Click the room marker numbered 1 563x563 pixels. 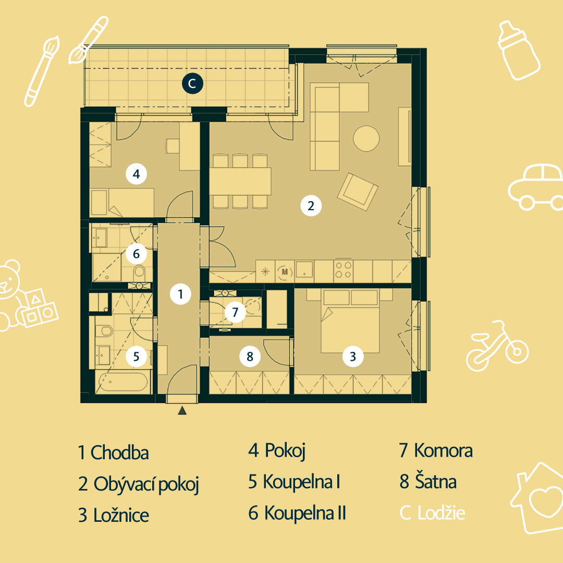[180, 294]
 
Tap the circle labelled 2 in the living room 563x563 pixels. [311, 206]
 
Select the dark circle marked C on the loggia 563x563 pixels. [192, 83]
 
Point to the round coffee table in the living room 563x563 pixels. [366, 139]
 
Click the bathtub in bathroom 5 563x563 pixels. [123, 382]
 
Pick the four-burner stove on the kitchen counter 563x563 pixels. [343, 270]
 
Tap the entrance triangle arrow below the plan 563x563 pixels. [182, 410]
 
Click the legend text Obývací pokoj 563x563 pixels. [146, 484]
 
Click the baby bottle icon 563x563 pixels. [519, 50]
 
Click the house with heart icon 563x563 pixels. [537, 498]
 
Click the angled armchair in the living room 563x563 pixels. [358, 192]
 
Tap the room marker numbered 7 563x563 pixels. [235, 312]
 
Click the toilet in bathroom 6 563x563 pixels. [139, 273]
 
